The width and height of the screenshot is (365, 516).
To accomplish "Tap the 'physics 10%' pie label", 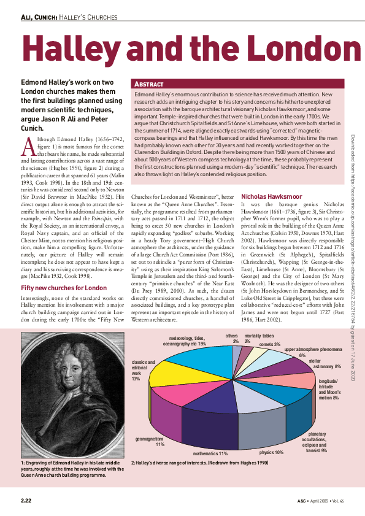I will [271, 452].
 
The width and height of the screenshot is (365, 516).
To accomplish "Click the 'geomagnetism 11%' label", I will [149, 442].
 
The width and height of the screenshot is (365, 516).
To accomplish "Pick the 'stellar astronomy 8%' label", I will [325, 364].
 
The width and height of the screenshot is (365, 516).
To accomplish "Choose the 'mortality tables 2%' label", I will [259, 338].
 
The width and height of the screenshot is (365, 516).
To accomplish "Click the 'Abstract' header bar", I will [245, 83].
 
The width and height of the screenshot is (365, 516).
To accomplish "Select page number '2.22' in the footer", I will [26, 501].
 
